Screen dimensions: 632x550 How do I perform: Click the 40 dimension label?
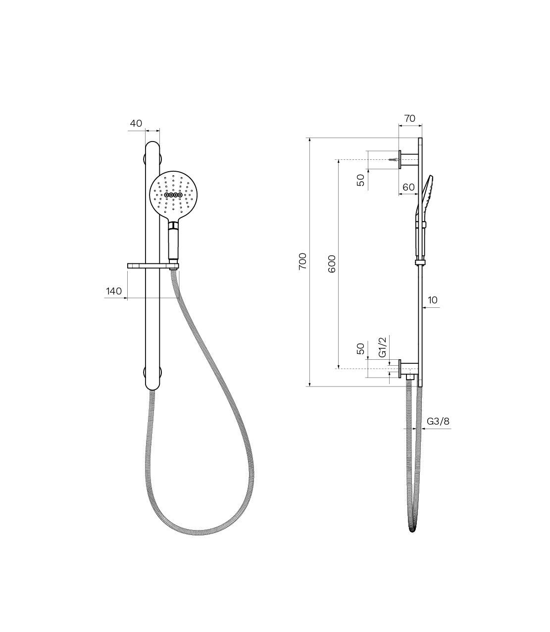click(x=137, y=122)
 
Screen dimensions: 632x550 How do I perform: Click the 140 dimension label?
click(x=114, y=292)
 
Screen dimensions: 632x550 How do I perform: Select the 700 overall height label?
click(x=302, y=261)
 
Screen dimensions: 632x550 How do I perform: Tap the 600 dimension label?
click(x=332, y=263)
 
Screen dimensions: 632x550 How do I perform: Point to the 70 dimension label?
click(x=409, y=118)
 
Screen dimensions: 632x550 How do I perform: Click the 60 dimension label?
click(x=408, y=187)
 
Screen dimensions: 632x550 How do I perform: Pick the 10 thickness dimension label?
click(x=433, y=300)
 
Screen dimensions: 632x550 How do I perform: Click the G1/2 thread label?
click(x=382, y=347)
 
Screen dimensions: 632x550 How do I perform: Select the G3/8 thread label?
click(x=438, y=421)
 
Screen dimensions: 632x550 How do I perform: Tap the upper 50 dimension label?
click(x=361, y=180)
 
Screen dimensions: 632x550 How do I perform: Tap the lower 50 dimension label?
click(x=361, y=349)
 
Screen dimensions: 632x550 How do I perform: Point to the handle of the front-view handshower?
click(x=173, y=244)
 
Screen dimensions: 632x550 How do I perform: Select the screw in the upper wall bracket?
click(x=394, y=160)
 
